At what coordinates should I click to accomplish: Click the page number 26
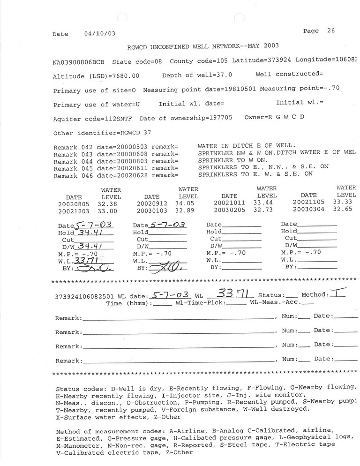click(x=331, y=31)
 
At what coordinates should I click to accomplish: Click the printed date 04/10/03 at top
click(x=99, y=34)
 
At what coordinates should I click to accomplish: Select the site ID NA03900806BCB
click(x=79, y=62)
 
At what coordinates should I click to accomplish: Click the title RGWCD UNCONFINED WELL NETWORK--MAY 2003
click(x=203, y=46)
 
